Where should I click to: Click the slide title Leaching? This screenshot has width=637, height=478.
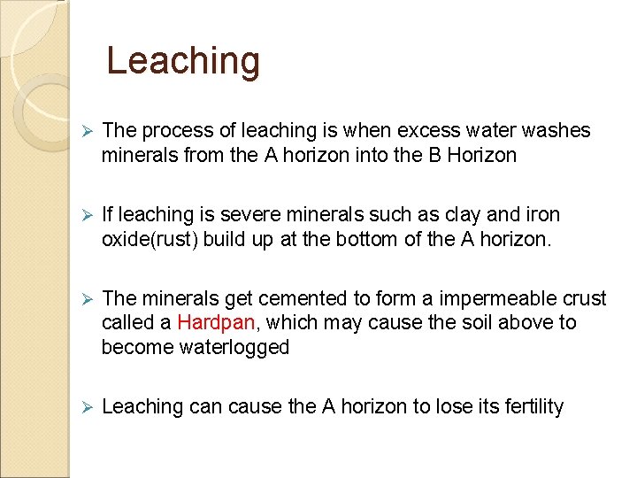click(183, 61)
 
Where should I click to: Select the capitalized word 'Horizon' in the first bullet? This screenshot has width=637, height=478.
click(483, 156)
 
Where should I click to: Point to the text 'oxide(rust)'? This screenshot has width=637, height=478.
click(150, 240)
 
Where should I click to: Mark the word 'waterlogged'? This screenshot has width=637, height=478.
click(196, 347)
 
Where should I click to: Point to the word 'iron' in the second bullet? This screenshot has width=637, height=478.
click(542, 215)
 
